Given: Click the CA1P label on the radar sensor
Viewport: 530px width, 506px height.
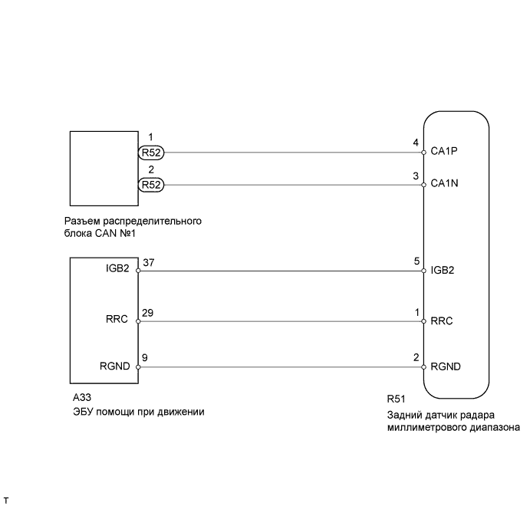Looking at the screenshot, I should [445, 152].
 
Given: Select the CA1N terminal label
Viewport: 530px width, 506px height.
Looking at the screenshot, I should [445, 184].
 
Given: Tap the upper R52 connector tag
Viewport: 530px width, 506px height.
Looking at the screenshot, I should [151, 152].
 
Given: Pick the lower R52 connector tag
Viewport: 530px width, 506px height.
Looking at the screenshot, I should [151, 184].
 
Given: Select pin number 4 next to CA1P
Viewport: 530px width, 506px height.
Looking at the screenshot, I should [415, 143].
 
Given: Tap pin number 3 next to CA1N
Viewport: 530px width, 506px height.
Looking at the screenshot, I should [415, 176].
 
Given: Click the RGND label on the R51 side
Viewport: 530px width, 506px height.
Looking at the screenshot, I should [446, 366].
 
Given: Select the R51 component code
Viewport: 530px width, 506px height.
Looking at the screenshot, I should [397, 399].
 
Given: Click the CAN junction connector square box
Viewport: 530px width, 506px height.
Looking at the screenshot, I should [103, 168].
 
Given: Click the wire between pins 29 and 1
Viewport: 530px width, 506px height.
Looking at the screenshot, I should [280, 321].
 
